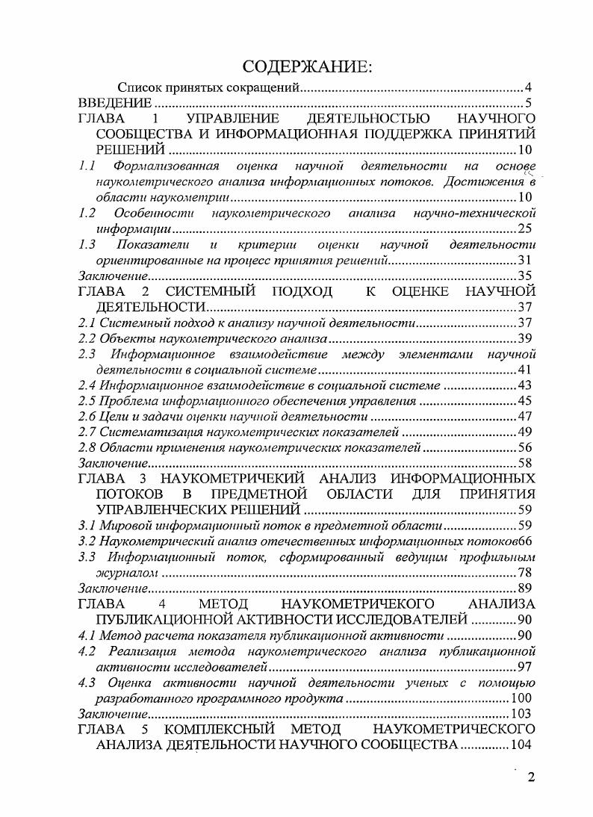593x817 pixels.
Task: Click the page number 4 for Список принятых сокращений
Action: pos(527,88)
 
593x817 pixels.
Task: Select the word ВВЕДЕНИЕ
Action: pos(116,103)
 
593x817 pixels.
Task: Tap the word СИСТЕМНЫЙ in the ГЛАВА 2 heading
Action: pos(211,291)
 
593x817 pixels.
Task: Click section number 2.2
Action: pos(87,338)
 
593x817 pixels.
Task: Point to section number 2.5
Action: pos(87,401)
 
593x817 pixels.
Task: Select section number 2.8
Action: pos(87,447)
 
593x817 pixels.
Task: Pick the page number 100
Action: pos(521,698)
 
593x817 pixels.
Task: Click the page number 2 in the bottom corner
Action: pos(531,777)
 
